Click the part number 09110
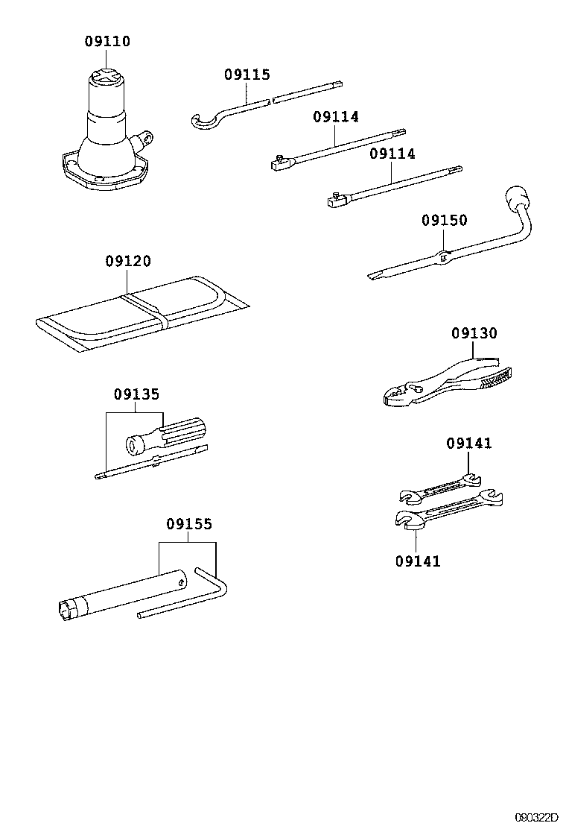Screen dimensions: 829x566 coord(106,42)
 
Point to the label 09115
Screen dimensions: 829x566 coord(247,75)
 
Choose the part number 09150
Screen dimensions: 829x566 coord(444,220)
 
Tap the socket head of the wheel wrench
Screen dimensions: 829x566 coord(515,198)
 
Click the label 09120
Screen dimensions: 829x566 coord(127,261)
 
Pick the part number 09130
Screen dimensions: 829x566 coord(474,333)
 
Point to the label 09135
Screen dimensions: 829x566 coord(136,394)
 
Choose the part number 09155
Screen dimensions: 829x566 coord(188,525)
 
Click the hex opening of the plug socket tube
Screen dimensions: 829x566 coord(66,610)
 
